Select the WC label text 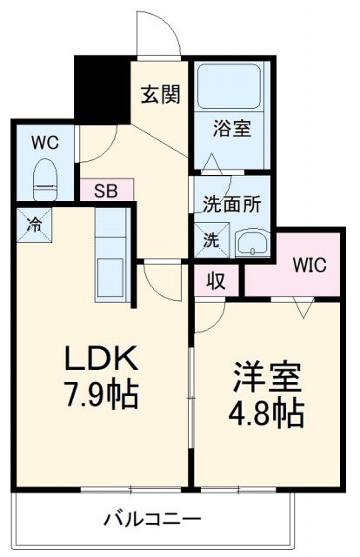(44, 143)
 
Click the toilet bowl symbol (43, 180)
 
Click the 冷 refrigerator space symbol (33, 224)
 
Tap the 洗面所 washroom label (232, 207)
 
